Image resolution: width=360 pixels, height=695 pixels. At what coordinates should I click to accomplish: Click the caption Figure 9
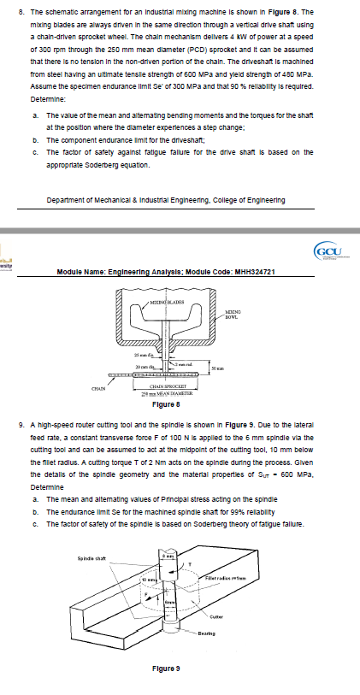click(166, 668)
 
